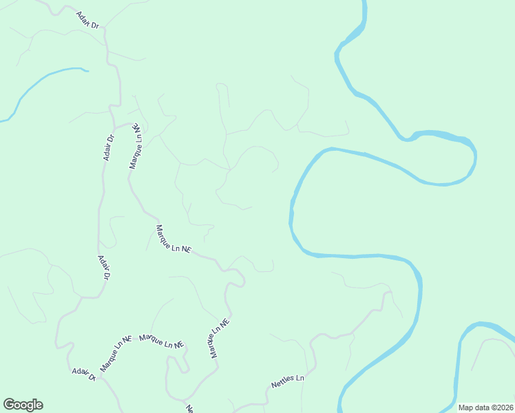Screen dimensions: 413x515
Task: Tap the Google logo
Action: (23, 405)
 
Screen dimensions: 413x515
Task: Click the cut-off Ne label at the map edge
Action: (190, 408)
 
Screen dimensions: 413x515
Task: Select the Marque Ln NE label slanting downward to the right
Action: (172, 240)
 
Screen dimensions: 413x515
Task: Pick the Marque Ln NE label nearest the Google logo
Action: (115, 354)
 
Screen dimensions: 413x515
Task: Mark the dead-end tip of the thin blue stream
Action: (87, 70)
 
